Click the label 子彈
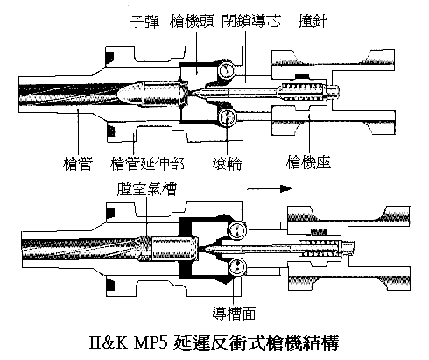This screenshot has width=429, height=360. point(145,18)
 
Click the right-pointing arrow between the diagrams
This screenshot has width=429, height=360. point(279,187)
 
